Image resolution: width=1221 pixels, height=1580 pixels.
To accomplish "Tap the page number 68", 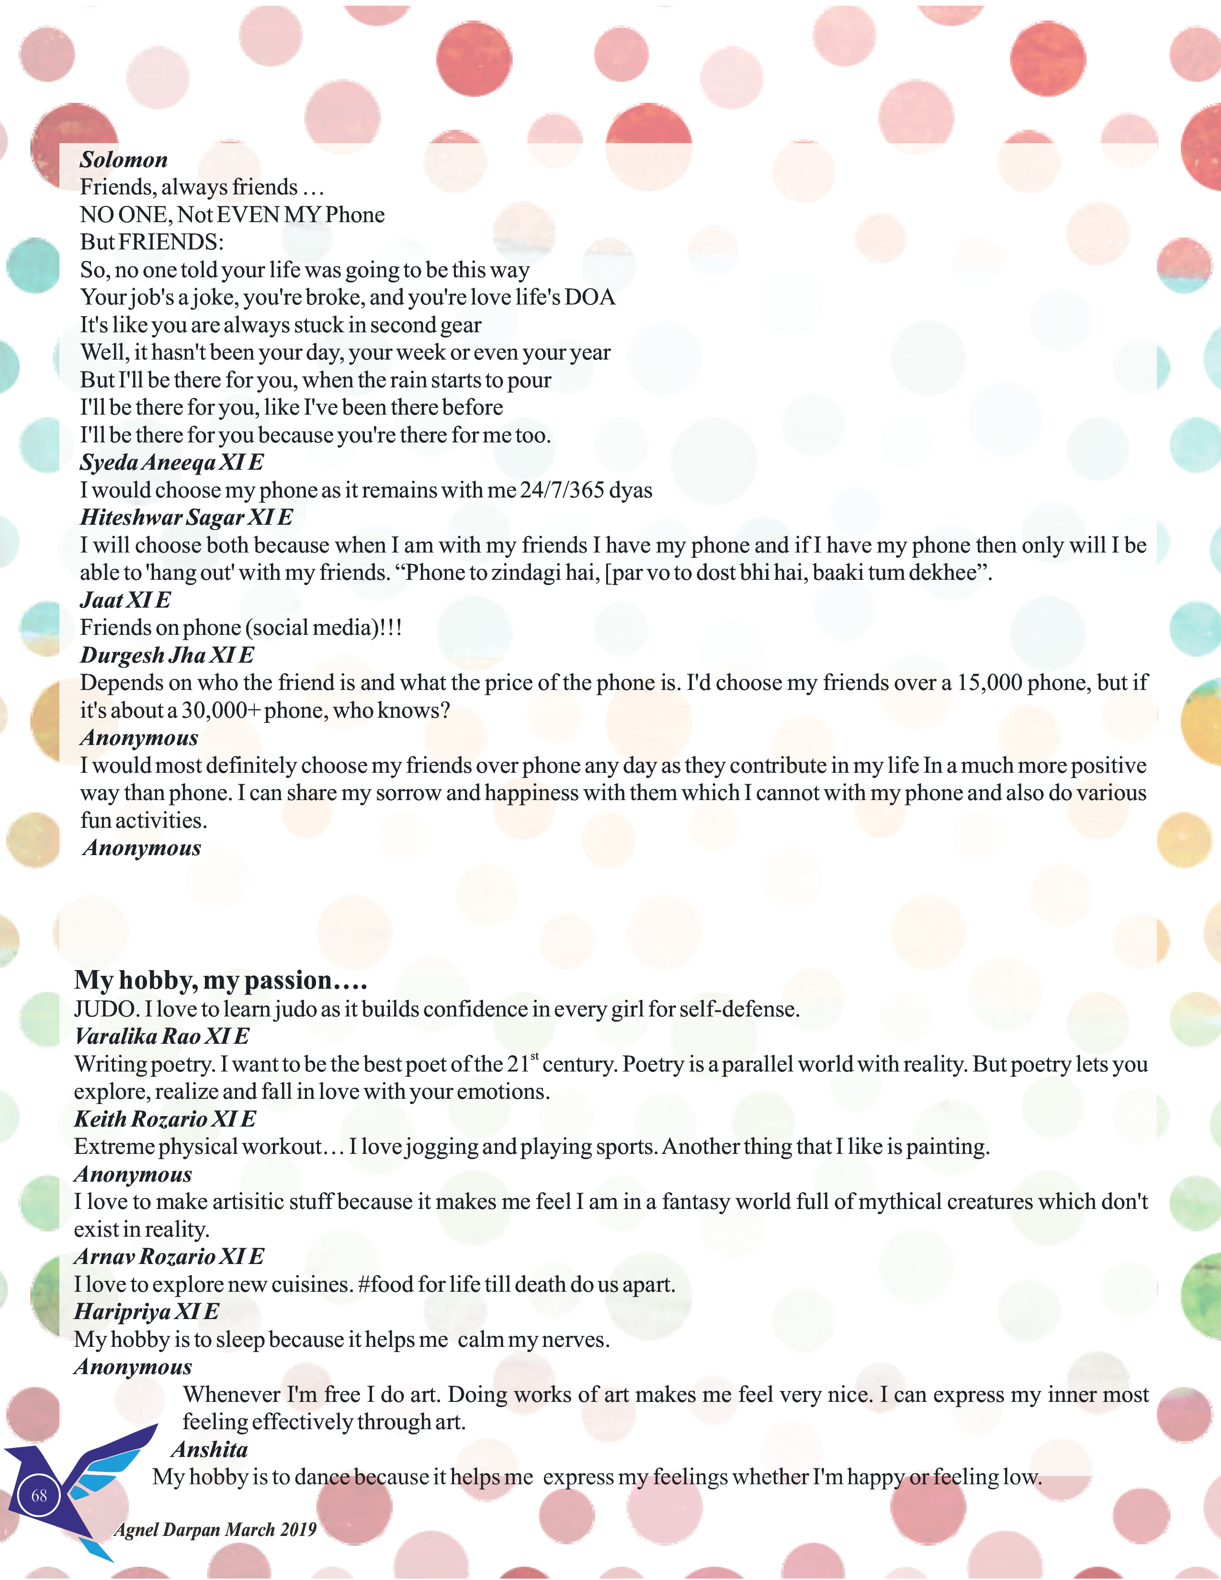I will (39, 1495).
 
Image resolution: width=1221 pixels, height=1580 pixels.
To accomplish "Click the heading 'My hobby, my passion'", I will (221, 980).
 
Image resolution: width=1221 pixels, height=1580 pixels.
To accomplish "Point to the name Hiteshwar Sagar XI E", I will (186, 517).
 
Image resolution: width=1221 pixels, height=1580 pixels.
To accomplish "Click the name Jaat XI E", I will (125, 600).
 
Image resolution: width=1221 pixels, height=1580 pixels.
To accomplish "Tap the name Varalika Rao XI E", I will (161, 1036).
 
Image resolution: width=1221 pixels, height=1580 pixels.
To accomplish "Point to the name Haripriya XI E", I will (146, 1311).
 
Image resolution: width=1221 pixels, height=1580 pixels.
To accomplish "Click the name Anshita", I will (209, 1449).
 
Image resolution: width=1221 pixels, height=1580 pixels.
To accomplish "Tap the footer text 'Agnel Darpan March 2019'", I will (215, 1529).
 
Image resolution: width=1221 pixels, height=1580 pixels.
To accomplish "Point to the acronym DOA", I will (590, 297).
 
